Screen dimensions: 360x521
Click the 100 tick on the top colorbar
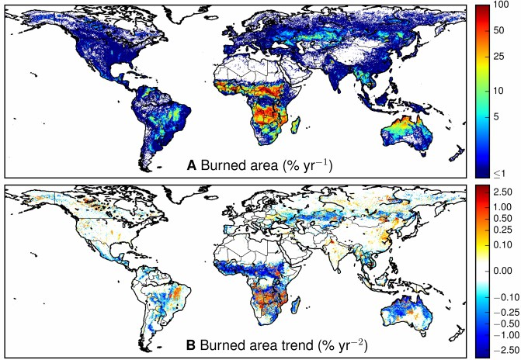click(x=502, y=6)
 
